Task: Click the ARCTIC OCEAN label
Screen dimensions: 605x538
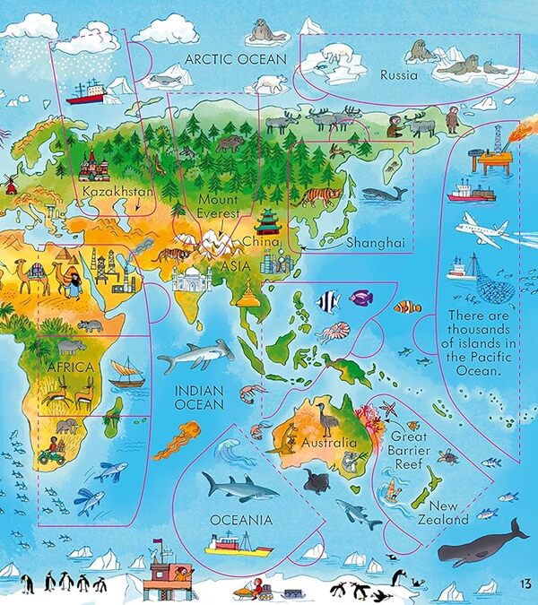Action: [235, 60]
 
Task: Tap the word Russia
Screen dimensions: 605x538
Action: [398, 75]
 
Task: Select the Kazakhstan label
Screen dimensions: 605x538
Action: [117, 192]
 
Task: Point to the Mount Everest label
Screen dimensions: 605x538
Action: [219, 206]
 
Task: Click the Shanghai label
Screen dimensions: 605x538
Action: [376, 243]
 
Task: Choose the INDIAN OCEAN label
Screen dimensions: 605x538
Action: [199, 398]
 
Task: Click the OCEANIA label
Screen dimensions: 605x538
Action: [240, 520]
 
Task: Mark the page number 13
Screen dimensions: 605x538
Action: [524, 586]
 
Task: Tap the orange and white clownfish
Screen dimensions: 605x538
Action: [408, 307]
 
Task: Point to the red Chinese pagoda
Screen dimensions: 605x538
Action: [268, 220]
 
